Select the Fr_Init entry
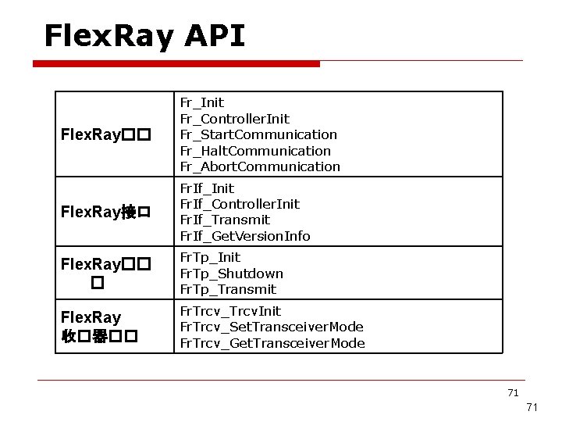tap(201, 102)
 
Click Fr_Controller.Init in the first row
tap(234, 119)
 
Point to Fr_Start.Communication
tap(258, 134)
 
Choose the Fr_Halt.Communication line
tap(255, 151)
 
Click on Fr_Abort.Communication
tap(260, 166)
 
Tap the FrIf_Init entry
tap(207, 188)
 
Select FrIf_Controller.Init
tap(240, 204)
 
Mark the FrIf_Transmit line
tap(225, 220)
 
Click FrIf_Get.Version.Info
tap(245, 236)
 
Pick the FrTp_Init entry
tap(210, 257)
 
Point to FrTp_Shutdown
tap(231, 274)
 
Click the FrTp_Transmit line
tap(228, 289)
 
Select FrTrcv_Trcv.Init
tap(230, 311)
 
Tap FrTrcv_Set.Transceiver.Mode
tap(272, 327)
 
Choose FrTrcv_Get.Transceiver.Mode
tap(272, 343)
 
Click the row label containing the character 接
tap(105, 213)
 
